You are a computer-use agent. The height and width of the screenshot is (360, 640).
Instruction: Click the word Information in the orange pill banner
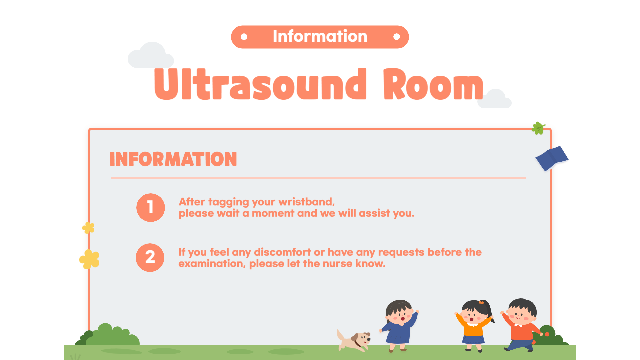click(320, 36)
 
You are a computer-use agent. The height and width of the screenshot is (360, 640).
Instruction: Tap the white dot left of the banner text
click(244, 37)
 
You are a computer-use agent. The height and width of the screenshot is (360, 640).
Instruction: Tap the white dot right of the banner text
click(396, 37)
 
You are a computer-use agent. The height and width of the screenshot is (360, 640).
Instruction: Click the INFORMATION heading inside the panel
click(173, 159)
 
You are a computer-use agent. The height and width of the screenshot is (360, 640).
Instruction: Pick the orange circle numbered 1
click(151, 208)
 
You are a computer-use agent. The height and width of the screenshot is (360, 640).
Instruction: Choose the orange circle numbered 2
click(150, 258)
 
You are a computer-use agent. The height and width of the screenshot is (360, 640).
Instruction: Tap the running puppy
click(354, 340)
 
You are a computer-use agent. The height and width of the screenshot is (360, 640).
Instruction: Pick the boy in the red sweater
click(521, 325)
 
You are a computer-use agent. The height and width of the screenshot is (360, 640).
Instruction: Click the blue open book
click(552, 158)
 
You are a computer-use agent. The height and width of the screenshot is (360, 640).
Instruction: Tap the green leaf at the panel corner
click(538, 128)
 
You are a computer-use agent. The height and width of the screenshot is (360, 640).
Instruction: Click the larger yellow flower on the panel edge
click(89, 259)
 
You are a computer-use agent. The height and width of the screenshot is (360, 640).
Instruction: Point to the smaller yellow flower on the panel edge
click(88, 228)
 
